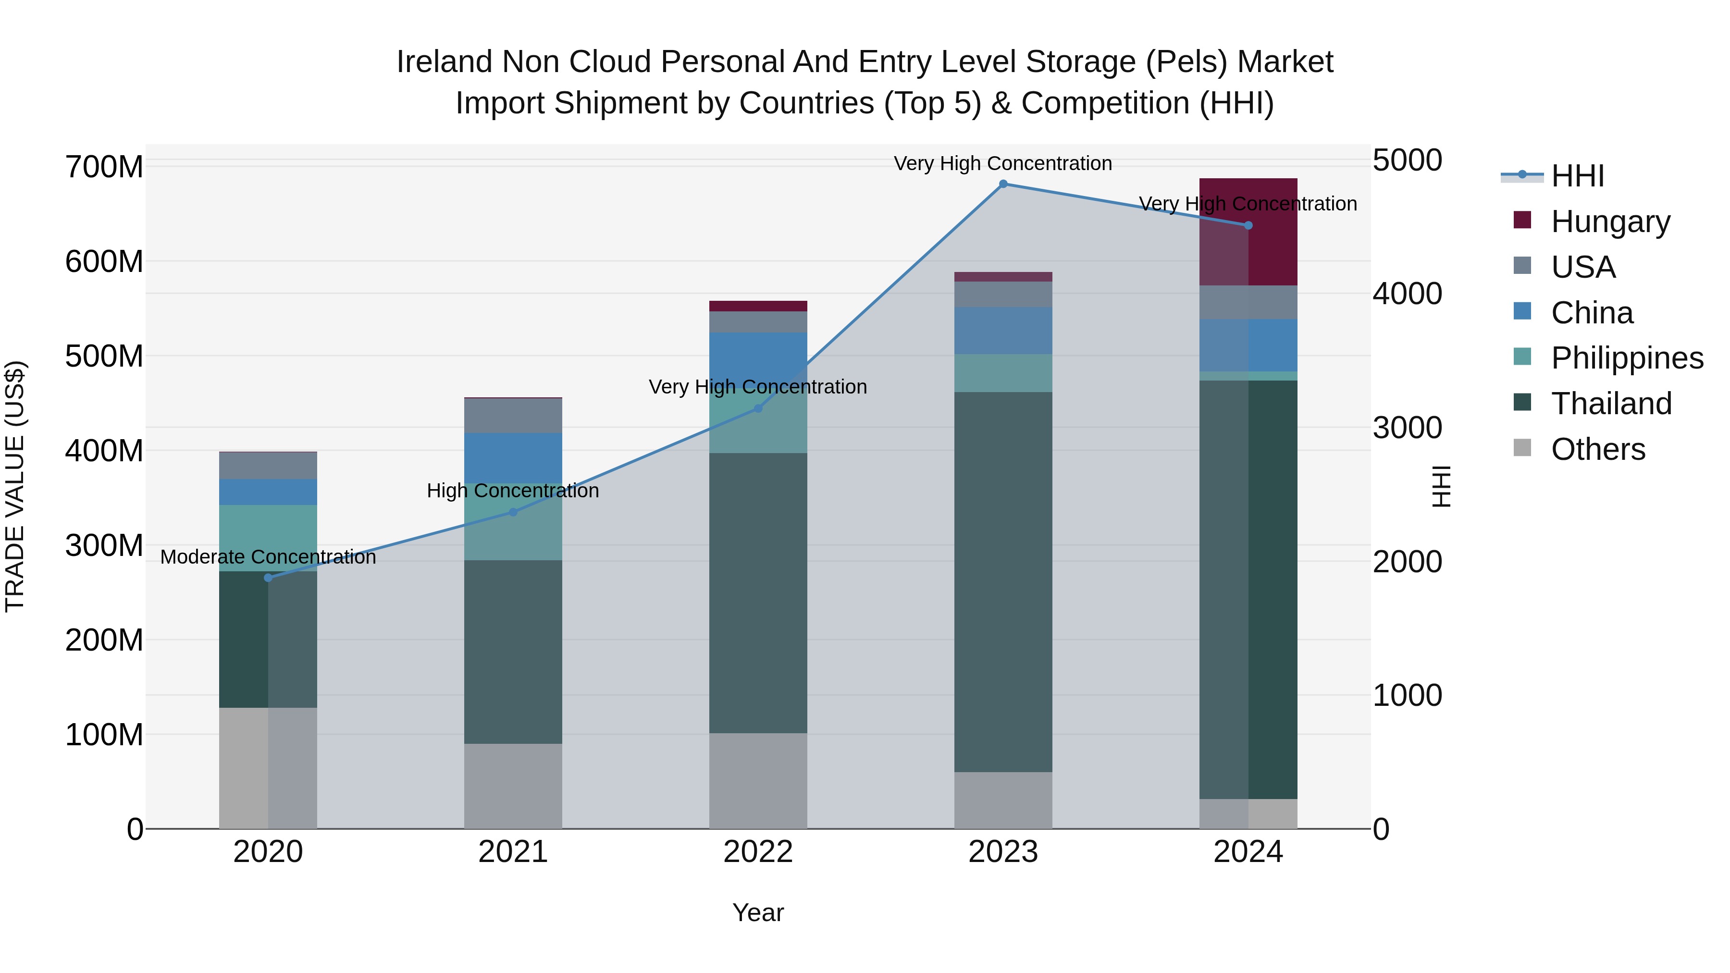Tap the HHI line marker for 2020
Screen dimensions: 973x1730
point(268,578)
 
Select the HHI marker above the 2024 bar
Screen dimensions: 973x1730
point(1248,226)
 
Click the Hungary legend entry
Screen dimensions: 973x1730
point(1609,222)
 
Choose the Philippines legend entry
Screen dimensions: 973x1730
point(1626,358)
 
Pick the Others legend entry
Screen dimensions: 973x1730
point(1597,449)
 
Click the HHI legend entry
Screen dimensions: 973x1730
point(1576,176)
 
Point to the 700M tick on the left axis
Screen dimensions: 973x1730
point(104,167)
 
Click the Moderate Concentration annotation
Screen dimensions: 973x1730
point(268,557)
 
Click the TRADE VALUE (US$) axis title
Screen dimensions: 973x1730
point(15,486)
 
